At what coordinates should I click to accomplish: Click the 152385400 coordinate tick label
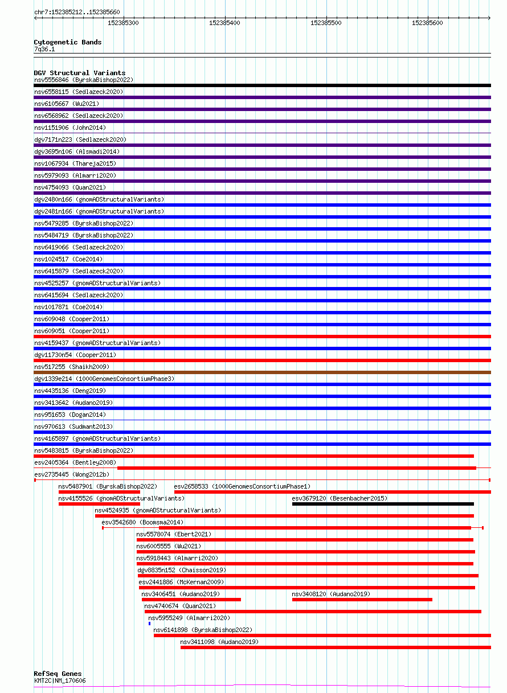224,23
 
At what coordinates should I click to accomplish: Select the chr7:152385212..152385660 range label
77,11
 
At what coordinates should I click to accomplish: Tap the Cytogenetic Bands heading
68,42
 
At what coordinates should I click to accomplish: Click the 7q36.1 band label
44,49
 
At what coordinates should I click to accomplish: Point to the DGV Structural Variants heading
79,73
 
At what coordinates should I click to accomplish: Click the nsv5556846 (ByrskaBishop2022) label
84,80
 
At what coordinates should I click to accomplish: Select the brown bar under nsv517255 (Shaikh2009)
262,372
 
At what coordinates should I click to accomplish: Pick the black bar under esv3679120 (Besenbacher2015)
383,504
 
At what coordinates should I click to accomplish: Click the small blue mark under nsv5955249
149,624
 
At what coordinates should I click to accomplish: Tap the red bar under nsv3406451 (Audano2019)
191,600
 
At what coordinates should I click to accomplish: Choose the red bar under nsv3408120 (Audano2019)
362,600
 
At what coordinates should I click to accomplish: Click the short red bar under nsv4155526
99,504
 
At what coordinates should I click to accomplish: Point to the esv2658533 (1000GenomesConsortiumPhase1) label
242,486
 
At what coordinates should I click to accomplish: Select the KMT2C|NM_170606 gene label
60,680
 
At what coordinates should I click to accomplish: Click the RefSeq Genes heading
58,674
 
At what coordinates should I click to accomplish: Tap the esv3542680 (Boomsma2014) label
142,522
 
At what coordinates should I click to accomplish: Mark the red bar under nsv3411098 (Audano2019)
336,647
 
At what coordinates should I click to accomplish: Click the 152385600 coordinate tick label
427,23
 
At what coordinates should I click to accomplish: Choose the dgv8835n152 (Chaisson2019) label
181,570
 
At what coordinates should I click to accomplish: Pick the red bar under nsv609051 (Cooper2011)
262,337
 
